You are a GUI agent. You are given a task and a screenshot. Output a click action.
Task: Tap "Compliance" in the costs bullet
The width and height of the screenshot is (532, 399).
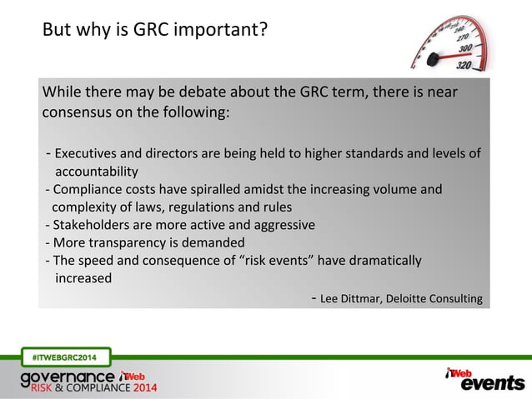(x=90, y=189)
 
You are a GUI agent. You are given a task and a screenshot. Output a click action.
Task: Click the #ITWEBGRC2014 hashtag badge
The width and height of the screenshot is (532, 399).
(x=64, y=358)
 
